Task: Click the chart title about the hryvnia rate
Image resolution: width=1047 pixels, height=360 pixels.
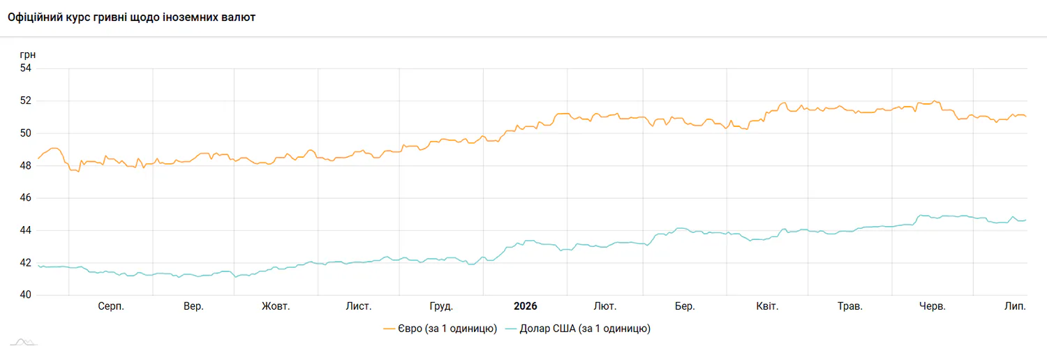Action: point(131,17)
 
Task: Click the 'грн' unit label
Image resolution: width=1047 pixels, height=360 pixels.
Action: point(28,55)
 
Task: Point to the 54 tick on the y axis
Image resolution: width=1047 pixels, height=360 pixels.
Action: point(26,68)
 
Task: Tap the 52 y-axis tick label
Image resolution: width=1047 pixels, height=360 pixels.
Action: point(26,101)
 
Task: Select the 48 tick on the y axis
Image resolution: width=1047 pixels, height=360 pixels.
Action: point(26,166)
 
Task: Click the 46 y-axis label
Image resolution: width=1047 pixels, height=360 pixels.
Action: point(26,198)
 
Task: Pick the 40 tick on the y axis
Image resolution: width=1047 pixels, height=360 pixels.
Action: point(26,295)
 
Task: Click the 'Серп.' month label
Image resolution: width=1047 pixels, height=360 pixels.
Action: point(111,307)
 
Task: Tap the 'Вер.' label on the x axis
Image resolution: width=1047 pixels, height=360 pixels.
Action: point(193,307)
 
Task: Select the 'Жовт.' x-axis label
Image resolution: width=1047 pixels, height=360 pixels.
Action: point(276,307)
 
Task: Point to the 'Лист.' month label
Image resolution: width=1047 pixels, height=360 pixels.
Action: point(359,307)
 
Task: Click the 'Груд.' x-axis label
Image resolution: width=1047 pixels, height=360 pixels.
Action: point(441,307)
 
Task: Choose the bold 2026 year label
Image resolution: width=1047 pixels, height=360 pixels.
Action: point(526,306)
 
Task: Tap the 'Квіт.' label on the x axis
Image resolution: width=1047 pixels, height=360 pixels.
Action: point(767,307)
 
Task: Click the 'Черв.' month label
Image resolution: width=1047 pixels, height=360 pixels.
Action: point(933,307)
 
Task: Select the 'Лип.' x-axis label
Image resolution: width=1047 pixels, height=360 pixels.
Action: point(1015,307)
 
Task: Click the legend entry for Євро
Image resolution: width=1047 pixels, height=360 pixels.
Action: point(440,329)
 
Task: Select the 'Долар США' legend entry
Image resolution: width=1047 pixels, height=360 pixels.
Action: point(578,329)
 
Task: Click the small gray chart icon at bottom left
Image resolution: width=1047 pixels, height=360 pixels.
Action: point(24,343)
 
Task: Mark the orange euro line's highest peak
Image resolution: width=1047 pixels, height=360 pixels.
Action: point(935,101)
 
